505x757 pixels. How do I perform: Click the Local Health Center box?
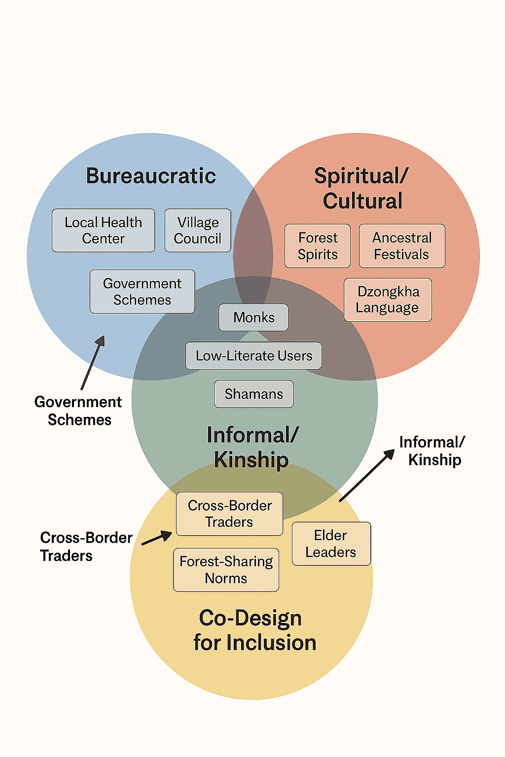(x=103, y=230)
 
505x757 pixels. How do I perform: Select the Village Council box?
(x=197, y=230)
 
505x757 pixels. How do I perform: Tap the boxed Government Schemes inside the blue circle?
(x=142, y=291)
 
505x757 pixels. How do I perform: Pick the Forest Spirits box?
(x=318, y=246)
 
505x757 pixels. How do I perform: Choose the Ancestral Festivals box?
(x=401, y=246)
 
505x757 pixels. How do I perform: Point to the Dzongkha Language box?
(x=388, y=300)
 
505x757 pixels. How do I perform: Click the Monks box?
(x=253, y=317)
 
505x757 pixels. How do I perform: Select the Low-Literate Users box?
(x=253, y=356)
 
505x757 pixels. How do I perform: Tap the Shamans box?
(x=253, y=394)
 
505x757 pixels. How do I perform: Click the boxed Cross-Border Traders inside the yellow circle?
(x=229, y=514)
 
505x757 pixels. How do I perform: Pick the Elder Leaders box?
(x=331, y=544)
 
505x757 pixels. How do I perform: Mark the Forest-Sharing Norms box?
(x=226, y=570)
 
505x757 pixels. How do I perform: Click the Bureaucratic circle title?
(x=151, y=176)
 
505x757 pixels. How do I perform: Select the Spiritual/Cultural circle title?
(x=362, y=189)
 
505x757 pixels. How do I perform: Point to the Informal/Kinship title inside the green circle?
(x=252, y=447)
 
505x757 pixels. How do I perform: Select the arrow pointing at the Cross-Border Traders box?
(x=157, y=538)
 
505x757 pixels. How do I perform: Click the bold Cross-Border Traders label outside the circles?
(x=85, y=547)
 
